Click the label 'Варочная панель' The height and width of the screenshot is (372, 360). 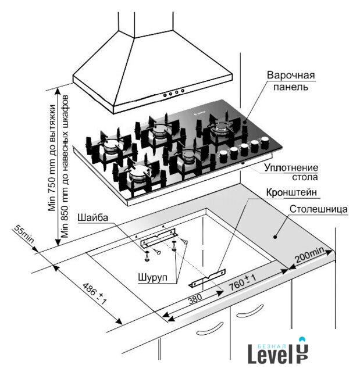point(291,82)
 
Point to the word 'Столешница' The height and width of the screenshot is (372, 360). point(319,208)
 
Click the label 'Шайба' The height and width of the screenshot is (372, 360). point(91,217)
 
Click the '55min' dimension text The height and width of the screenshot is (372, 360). point(24,235)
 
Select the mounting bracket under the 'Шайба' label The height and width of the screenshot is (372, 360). point(158,236)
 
